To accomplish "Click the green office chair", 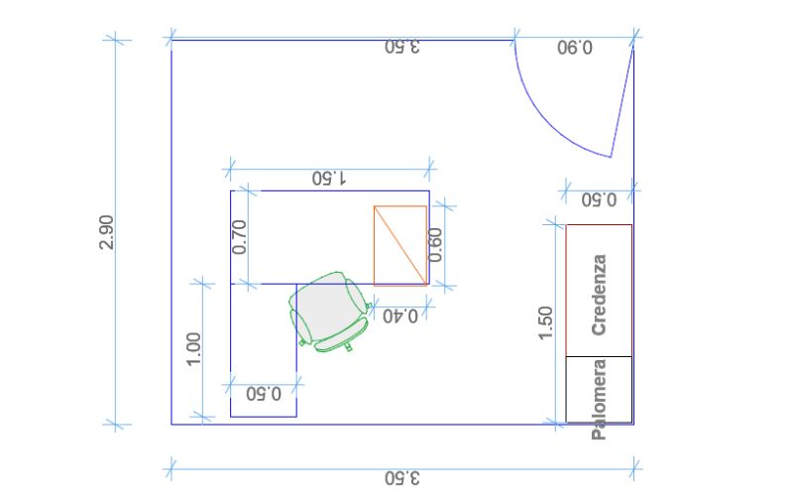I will (x=327, y=312).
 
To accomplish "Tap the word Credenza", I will (x=598, y=295).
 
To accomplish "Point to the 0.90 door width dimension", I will (x=574, y=48).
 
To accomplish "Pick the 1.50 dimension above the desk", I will (x=328, y=178).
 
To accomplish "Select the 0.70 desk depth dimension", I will (x=239, y=236).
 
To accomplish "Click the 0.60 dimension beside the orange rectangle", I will (x=436, y=244).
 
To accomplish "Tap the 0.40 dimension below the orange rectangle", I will (x=399, y=315).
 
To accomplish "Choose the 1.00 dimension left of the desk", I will (x=194, y=349).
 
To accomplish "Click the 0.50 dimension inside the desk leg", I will (x=263, y=393).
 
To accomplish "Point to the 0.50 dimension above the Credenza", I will (x=598, y=198).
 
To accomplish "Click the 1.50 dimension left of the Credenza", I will (x=546, y=322).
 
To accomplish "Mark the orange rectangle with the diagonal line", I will (x=400, y=245).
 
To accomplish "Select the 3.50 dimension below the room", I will (x=402, y=478).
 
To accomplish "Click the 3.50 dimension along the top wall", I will (x=402, y=47).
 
